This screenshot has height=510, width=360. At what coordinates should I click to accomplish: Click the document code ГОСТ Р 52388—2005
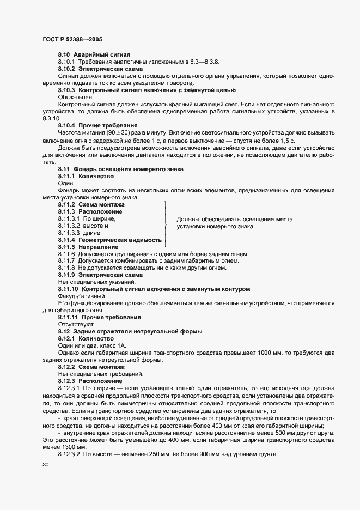click(72, 40)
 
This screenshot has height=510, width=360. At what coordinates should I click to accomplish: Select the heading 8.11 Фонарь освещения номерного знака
click(120, 169)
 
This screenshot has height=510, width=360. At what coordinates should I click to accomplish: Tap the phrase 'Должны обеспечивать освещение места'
click(235, 220)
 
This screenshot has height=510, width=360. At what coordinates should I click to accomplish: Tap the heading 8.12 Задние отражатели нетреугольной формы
click(130, 331)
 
